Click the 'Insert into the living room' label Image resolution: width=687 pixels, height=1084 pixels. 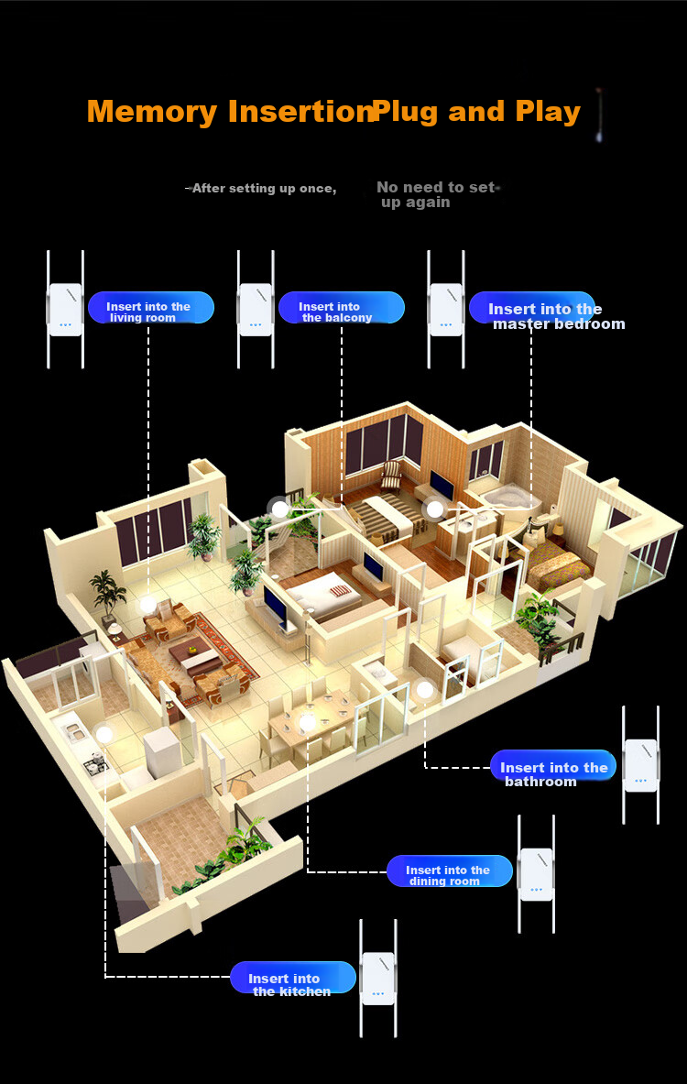pos(150,308)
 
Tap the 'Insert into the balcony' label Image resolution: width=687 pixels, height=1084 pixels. pos(342,308)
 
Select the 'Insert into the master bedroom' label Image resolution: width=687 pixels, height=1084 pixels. pos(546,312)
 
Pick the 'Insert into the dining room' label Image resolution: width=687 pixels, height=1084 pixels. pos(449,871)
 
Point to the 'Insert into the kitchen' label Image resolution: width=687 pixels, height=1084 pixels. pos(293,980)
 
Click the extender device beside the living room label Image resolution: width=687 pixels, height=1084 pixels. pos(66,309)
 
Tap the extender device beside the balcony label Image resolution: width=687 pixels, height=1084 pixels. pos(256,309)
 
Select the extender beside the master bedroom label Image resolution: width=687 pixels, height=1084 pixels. pos(446,309)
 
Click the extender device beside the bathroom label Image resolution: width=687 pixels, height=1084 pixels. pos(640,764)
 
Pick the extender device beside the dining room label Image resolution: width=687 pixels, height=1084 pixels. pos(537,874)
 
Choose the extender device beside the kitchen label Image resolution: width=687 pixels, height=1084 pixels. pos(378,979)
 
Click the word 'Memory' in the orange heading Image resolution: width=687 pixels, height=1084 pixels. pos(153,112)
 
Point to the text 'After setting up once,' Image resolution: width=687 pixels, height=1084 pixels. pos(264,188)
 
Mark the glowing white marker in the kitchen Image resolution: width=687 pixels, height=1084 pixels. pos(104,734)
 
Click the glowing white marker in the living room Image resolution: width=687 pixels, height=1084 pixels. pos(147,604)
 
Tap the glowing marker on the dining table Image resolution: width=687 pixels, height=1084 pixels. pos(307,722)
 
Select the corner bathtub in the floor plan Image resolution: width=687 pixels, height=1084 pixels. pos(504,497)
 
